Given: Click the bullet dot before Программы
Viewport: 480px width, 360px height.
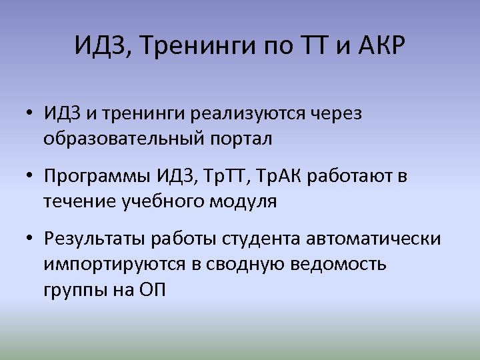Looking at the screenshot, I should (x=31, y=177).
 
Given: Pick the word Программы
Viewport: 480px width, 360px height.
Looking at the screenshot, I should (x=98, y=177).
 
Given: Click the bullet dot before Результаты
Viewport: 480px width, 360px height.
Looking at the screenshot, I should (x=31, y=239).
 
